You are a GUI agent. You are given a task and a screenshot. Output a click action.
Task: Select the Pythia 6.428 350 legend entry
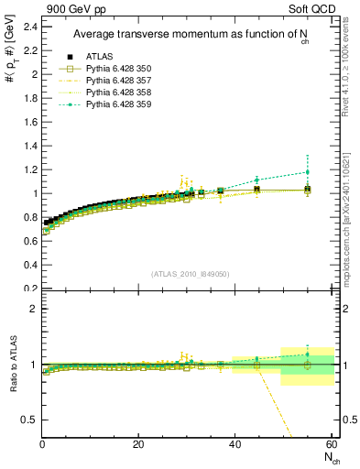(121, 70)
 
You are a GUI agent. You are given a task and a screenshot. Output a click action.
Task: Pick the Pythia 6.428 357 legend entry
(121, 82)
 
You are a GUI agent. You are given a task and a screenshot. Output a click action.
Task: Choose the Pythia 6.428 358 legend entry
(121, 93)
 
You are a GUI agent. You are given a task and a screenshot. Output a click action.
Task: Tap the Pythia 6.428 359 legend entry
(121, 105)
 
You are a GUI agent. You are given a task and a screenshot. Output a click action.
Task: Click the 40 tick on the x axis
(235, 444)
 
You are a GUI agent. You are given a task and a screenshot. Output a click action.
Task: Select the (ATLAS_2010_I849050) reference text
(190, 273)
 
